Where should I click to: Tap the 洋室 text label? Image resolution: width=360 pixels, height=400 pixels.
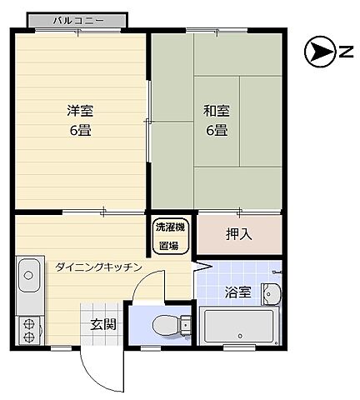(x=80, y=108)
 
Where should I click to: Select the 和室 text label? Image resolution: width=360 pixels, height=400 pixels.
(x=216, y=108)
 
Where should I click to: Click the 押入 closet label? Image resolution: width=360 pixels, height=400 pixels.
(x=239, y=234)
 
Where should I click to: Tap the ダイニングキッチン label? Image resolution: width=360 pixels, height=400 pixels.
(x=98, y=267)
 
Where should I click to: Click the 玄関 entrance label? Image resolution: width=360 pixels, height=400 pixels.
(x=104, y=324)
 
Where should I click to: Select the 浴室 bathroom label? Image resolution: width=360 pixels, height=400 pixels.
(x=237, y=292)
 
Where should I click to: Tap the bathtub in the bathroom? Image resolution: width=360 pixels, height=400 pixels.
(x=240, y=325)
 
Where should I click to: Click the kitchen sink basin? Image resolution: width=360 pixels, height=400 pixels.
(x=28, y=272)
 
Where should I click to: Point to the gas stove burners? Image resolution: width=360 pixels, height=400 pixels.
(x=27, y=329)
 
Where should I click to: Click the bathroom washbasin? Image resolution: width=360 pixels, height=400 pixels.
(x=271, y=292)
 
